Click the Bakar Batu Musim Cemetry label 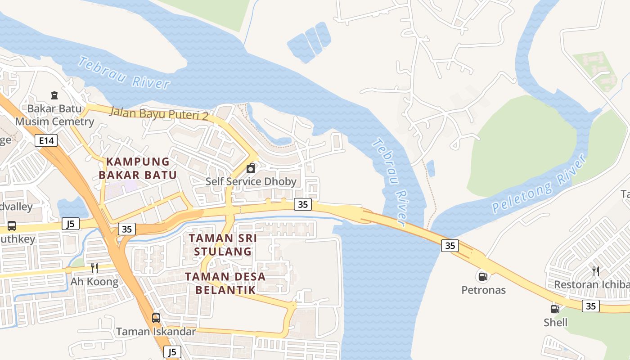pos(54,115)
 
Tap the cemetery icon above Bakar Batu pos(54,95)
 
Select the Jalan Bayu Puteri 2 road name pos(158,113)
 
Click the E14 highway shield pos(46,141)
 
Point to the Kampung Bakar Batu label pos(138,168)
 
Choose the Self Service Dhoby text pos(251,181)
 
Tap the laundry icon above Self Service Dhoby pos(251,169)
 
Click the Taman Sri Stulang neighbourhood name pos(223,244)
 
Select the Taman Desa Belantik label pos(225,283)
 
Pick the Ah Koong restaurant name pos(94,282)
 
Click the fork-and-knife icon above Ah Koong pos(94,268)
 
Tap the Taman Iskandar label pos(156,332)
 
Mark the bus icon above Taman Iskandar pos(156,318)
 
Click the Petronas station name pos(483,290)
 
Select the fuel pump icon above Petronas pos(482,276)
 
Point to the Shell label pos(555,322)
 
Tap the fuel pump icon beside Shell pos(555,309)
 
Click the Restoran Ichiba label pos(591,284)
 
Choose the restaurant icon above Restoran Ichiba pos(595,271)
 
